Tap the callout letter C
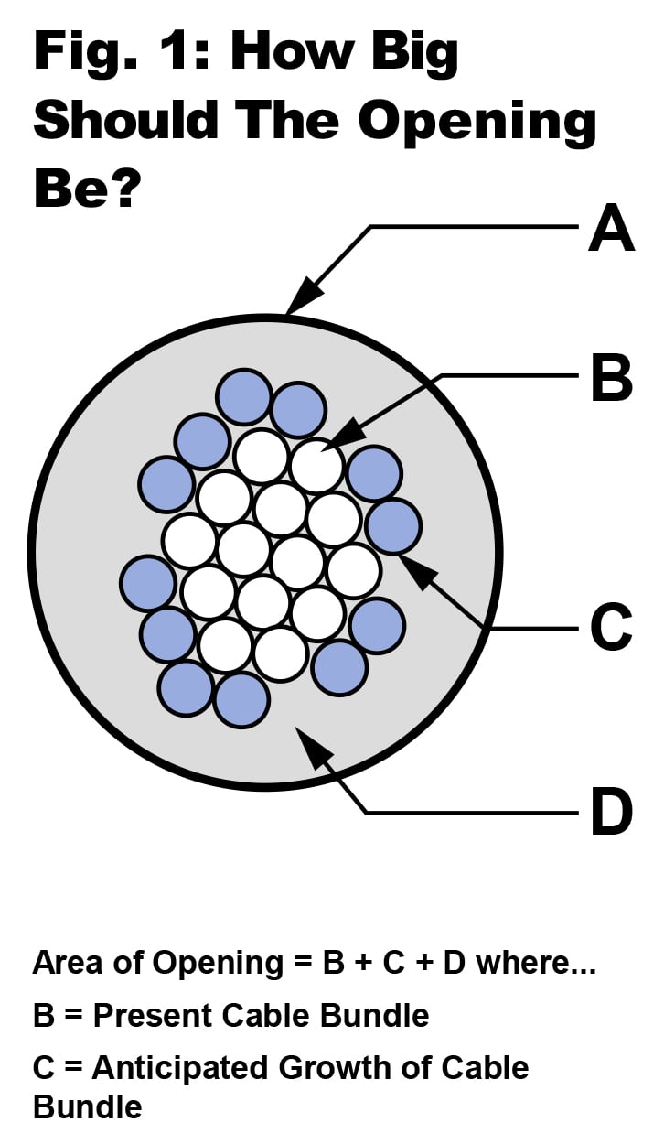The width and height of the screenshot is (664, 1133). [611, 628]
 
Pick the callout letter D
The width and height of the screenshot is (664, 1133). [611, 811]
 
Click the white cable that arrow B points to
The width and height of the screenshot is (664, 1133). [316, 464]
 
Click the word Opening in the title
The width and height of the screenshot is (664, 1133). [477, 120]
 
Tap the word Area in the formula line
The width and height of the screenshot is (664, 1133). [65, 963]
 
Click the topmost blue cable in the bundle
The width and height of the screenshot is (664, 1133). [243, 396]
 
